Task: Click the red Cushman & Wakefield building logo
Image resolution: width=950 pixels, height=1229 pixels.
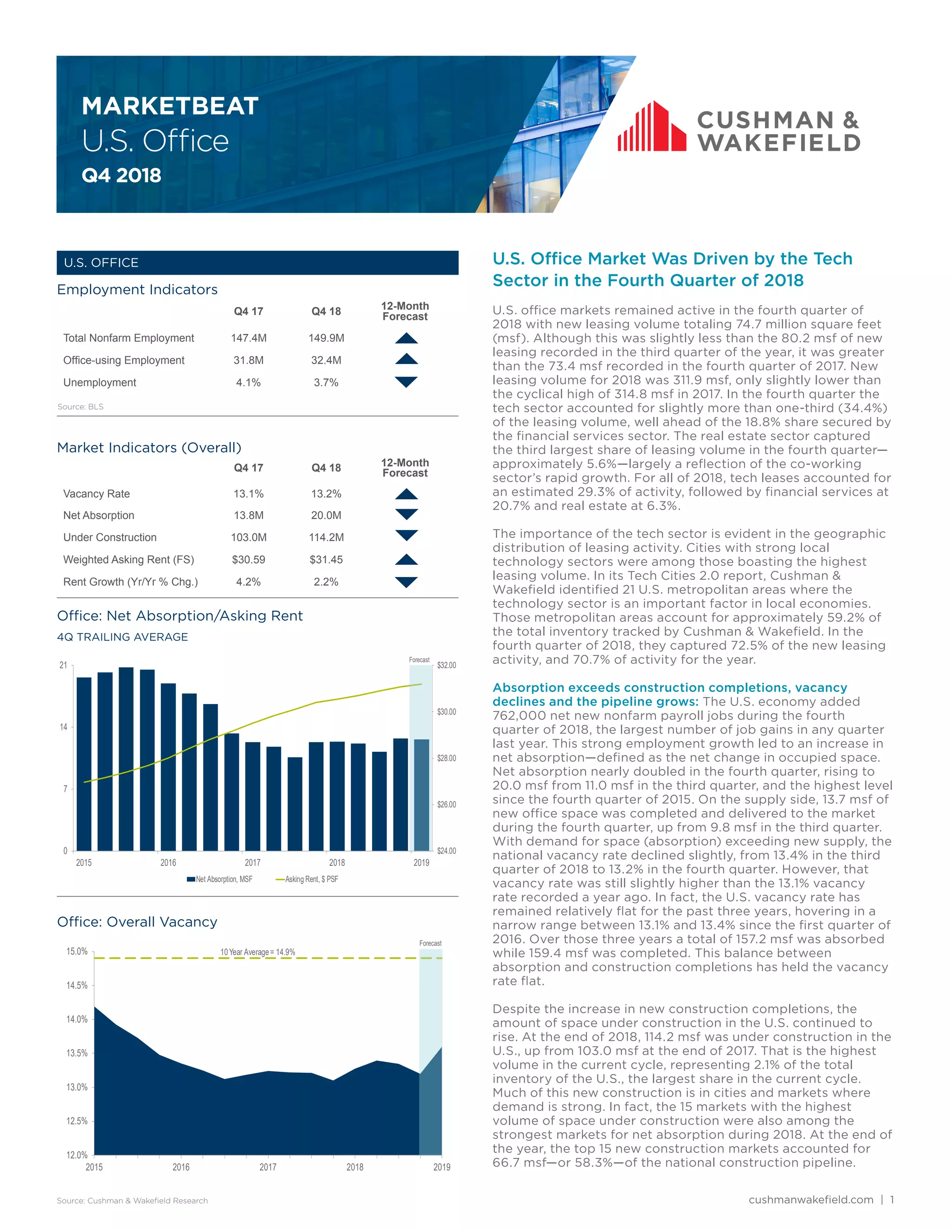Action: click(x=652, y=127)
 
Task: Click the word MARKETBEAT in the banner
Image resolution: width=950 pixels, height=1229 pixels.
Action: click(x=170, y=106)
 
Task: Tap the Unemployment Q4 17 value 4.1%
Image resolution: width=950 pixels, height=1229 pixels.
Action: click(x=248, y=383)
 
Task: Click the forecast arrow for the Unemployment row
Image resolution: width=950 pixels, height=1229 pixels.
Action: click(x=406, y=382)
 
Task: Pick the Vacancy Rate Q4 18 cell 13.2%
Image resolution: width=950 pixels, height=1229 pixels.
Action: click(x=326, y=494)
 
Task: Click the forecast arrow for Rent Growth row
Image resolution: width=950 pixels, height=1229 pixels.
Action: click(x=406, y=582)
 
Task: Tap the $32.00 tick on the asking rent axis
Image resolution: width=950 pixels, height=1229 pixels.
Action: click(x=446, y=665)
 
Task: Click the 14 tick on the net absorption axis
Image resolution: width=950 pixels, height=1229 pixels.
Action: click(x=64, y=727)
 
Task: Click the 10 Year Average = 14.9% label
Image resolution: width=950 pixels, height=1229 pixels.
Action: click(x=258, y=952)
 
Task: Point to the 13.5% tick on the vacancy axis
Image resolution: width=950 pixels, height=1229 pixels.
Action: click(x=77, y=1053)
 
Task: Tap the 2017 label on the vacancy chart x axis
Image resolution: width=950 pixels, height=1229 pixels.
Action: click(x=268, y=1167)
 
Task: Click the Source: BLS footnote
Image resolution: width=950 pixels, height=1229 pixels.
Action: click(x=80, y=407)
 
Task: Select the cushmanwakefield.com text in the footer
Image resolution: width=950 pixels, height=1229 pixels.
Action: click(x=811, y=1199)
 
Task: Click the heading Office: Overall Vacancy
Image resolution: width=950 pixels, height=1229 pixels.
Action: click(x=137, y=922)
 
